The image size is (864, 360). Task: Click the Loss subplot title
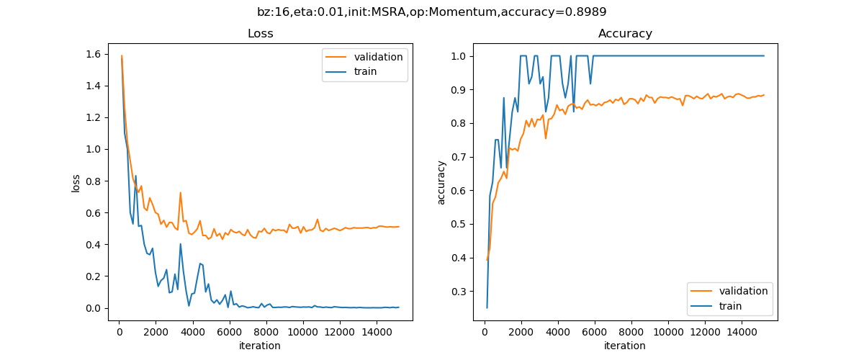pyautogui.click(x=260, y=34)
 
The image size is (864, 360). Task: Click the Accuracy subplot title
pyautogui.click(x=625, y=34)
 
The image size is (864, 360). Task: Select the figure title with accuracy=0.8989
pyautogui.click(x=432, y=12)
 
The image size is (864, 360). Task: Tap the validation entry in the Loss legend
pyautogui.click(x=375, y=57)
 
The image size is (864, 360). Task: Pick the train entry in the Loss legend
pyautogui.click(x=364, y=71)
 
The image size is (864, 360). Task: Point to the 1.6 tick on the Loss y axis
pyautogui.click(x=94, y=54)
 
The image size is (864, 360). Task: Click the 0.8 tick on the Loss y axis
pyautogui.click(x=94, y=181)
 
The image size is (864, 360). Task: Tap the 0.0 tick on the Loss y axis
pyautogui.click(x=94, y=308)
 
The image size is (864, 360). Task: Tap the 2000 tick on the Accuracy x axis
pyautogui.click(x=521, y=332)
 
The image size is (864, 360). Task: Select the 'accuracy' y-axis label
pyautogui.click(x=441, y=182)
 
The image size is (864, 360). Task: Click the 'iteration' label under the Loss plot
pyautogui.click(x=259, y=346)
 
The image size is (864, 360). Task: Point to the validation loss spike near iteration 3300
pyautogui.click(x=180, y=192)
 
